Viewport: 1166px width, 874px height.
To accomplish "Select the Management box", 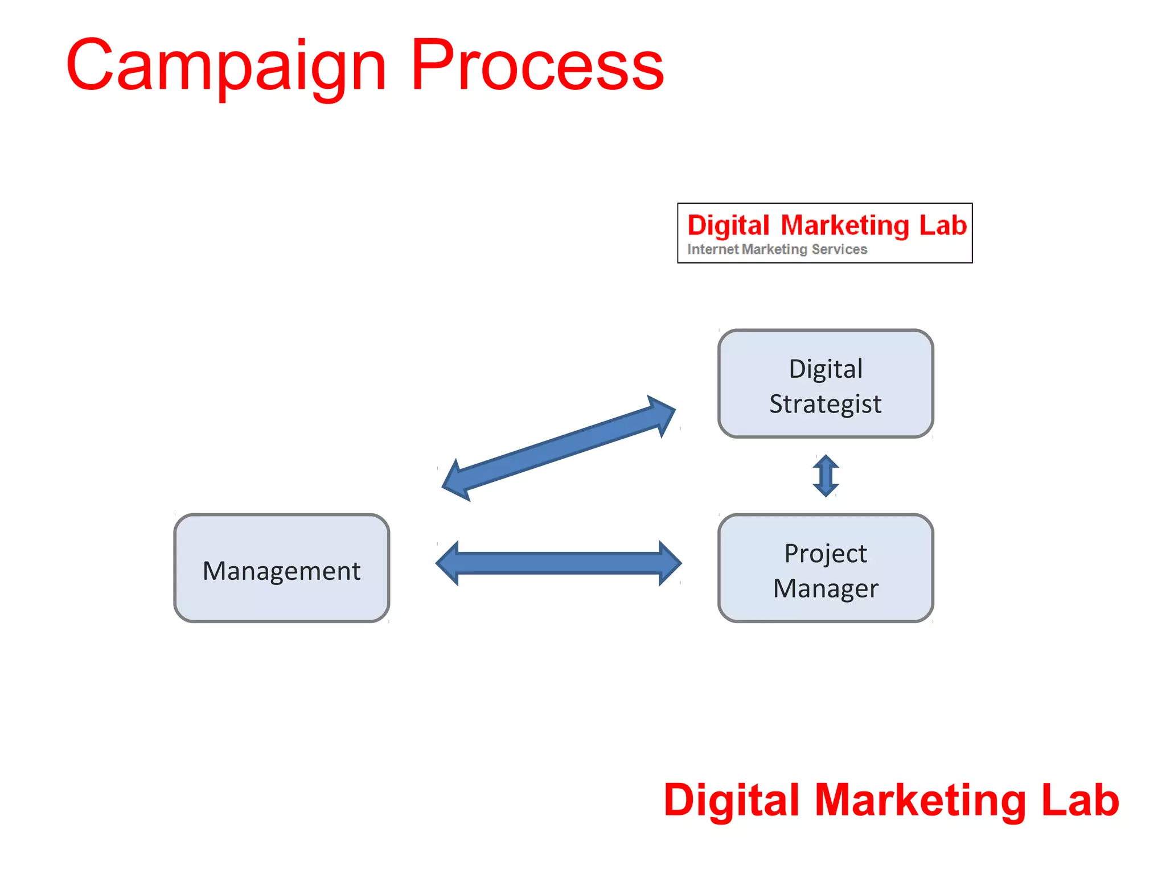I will [x=282, y=568].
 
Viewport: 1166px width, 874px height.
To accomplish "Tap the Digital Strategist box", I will [x=826, y=384].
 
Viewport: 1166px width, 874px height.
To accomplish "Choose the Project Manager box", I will [x=826, y=568].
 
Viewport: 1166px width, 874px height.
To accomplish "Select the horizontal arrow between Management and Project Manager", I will [x=559, y=563].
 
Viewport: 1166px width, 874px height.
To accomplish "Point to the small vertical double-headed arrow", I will [x=826, y=476].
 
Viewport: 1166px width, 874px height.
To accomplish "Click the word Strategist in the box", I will [x=826, y=404].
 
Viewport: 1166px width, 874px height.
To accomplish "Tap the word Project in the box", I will [x=826, y=553].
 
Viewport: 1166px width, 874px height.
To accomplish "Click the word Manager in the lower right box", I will [x=826, y=588].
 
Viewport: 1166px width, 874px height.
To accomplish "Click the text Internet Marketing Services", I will [x=777, y=249].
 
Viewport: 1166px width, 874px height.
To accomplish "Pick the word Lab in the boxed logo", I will [x=943, y=225].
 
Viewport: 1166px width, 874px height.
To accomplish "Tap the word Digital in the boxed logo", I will [x=728, y=226].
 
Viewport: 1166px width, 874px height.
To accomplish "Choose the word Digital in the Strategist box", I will [x=826, y=369].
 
